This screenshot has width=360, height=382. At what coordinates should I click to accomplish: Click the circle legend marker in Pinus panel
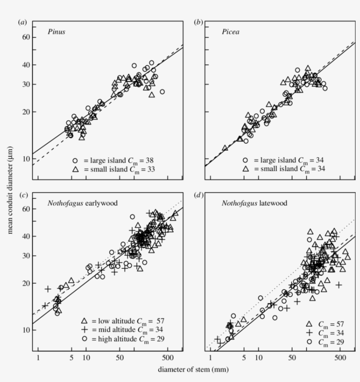(x=75, y=160)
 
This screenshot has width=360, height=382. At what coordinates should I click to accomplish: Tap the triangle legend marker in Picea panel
(x=246, y=168)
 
